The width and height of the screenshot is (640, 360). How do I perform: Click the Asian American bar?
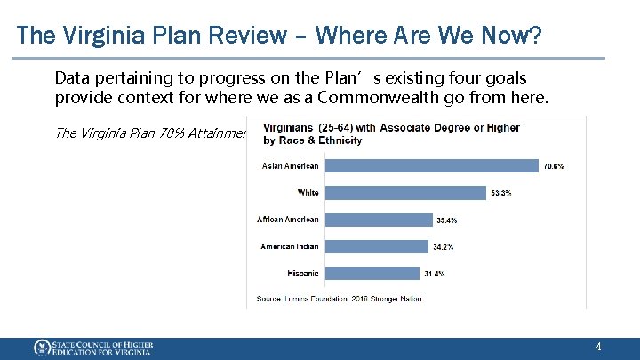pyautogui.click(x=430, y=165)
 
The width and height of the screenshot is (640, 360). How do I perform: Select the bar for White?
pyautogui.click(x=404, y=192)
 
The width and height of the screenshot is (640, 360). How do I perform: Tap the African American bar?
pyautogui.click(x=377, y=220)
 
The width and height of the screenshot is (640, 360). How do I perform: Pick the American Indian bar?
pyautogui.click(x=374, y=246)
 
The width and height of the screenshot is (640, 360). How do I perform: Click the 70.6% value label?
pyautogui.click(x=553, y=166)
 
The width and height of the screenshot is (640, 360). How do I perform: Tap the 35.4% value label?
pyautogui.click(x=446, y=220)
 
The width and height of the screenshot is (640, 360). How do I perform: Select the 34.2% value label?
pyautogui.click(x=442, y=247)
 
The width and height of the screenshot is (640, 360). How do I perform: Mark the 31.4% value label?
pyautogui.click(x=434, y=274)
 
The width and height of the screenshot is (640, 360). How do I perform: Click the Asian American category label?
pyautogui.click(x=290, y=165)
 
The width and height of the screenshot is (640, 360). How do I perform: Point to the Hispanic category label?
pyautogui.click(x=303, y=273)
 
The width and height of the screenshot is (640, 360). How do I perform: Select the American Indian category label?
pyautogui.click(x=289, y=246)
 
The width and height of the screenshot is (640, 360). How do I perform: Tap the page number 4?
pyautogui.click(x=598, y=347)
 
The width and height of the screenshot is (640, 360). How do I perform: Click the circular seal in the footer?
pyautogui.click(x=42, y=348)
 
